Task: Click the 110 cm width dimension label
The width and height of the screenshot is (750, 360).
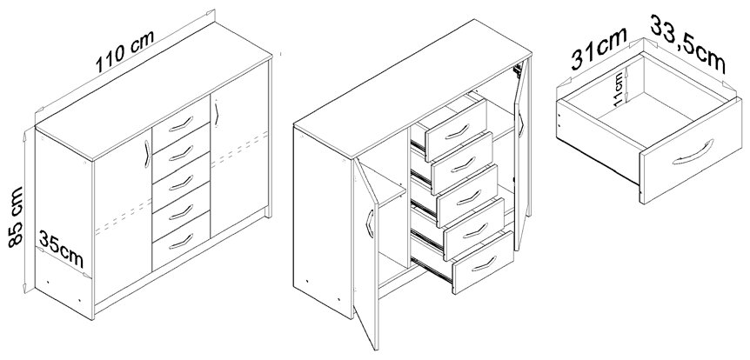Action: coord(124,51)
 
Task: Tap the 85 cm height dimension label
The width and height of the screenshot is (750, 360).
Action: coord(16,217)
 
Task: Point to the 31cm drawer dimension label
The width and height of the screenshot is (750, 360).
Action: coord(599,49)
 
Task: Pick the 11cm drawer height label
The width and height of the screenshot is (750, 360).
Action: coord(619,89)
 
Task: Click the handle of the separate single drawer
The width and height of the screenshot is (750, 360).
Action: coord(693,153)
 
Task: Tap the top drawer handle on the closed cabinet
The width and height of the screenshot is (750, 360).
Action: coord(181,123)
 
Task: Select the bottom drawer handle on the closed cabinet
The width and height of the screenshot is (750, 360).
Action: coord(181,242)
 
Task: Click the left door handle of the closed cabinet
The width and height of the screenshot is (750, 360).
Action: coord(147,154)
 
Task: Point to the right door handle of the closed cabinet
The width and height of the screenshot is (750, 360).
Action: coord(217,113)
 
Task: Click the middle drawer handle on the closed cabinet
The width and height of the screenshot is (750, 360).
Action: coord(181,183)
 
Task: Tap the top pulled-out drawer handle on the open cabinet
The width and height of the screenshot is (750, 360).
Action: coord(457,131)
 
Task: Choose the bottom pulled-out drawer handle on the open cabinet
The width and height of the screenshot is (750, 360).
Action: coord(484,263)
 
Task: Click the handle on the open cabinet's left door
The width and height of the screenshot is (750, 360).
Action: coord(369,223)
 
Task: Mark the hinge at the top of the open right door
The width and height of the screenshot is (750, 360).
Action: coord(517,70)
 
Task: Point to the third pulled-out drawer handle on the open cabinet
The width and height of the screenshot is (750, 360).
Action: coord(468,197)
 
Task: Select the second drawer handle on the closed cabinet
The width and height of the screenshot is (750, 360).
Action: coord(181,153)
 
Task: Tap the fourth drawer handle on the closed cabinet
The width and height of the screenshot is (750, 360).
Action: coord(181,212)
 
